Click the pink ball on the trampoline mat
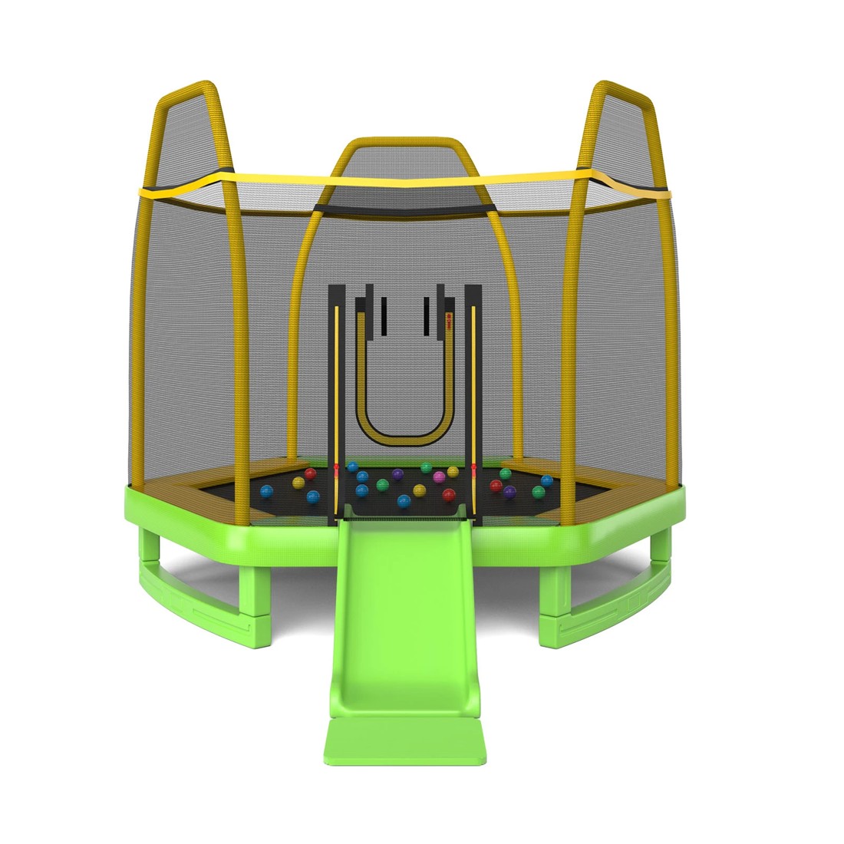click(x=439, y=477)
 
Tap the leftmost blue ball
click(x=266, y=491)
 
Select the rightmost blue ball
click(x=546, y=481)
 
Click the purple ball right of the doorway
click(x=509, y=490)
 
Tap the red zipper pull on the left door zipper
click(x=335, y=467)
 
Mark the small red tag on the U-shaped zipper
click(x=449, y=315)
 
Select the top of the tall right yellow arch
click(x=623, y=86)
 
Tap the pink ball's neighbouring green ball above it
click(x=426, y=467)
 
